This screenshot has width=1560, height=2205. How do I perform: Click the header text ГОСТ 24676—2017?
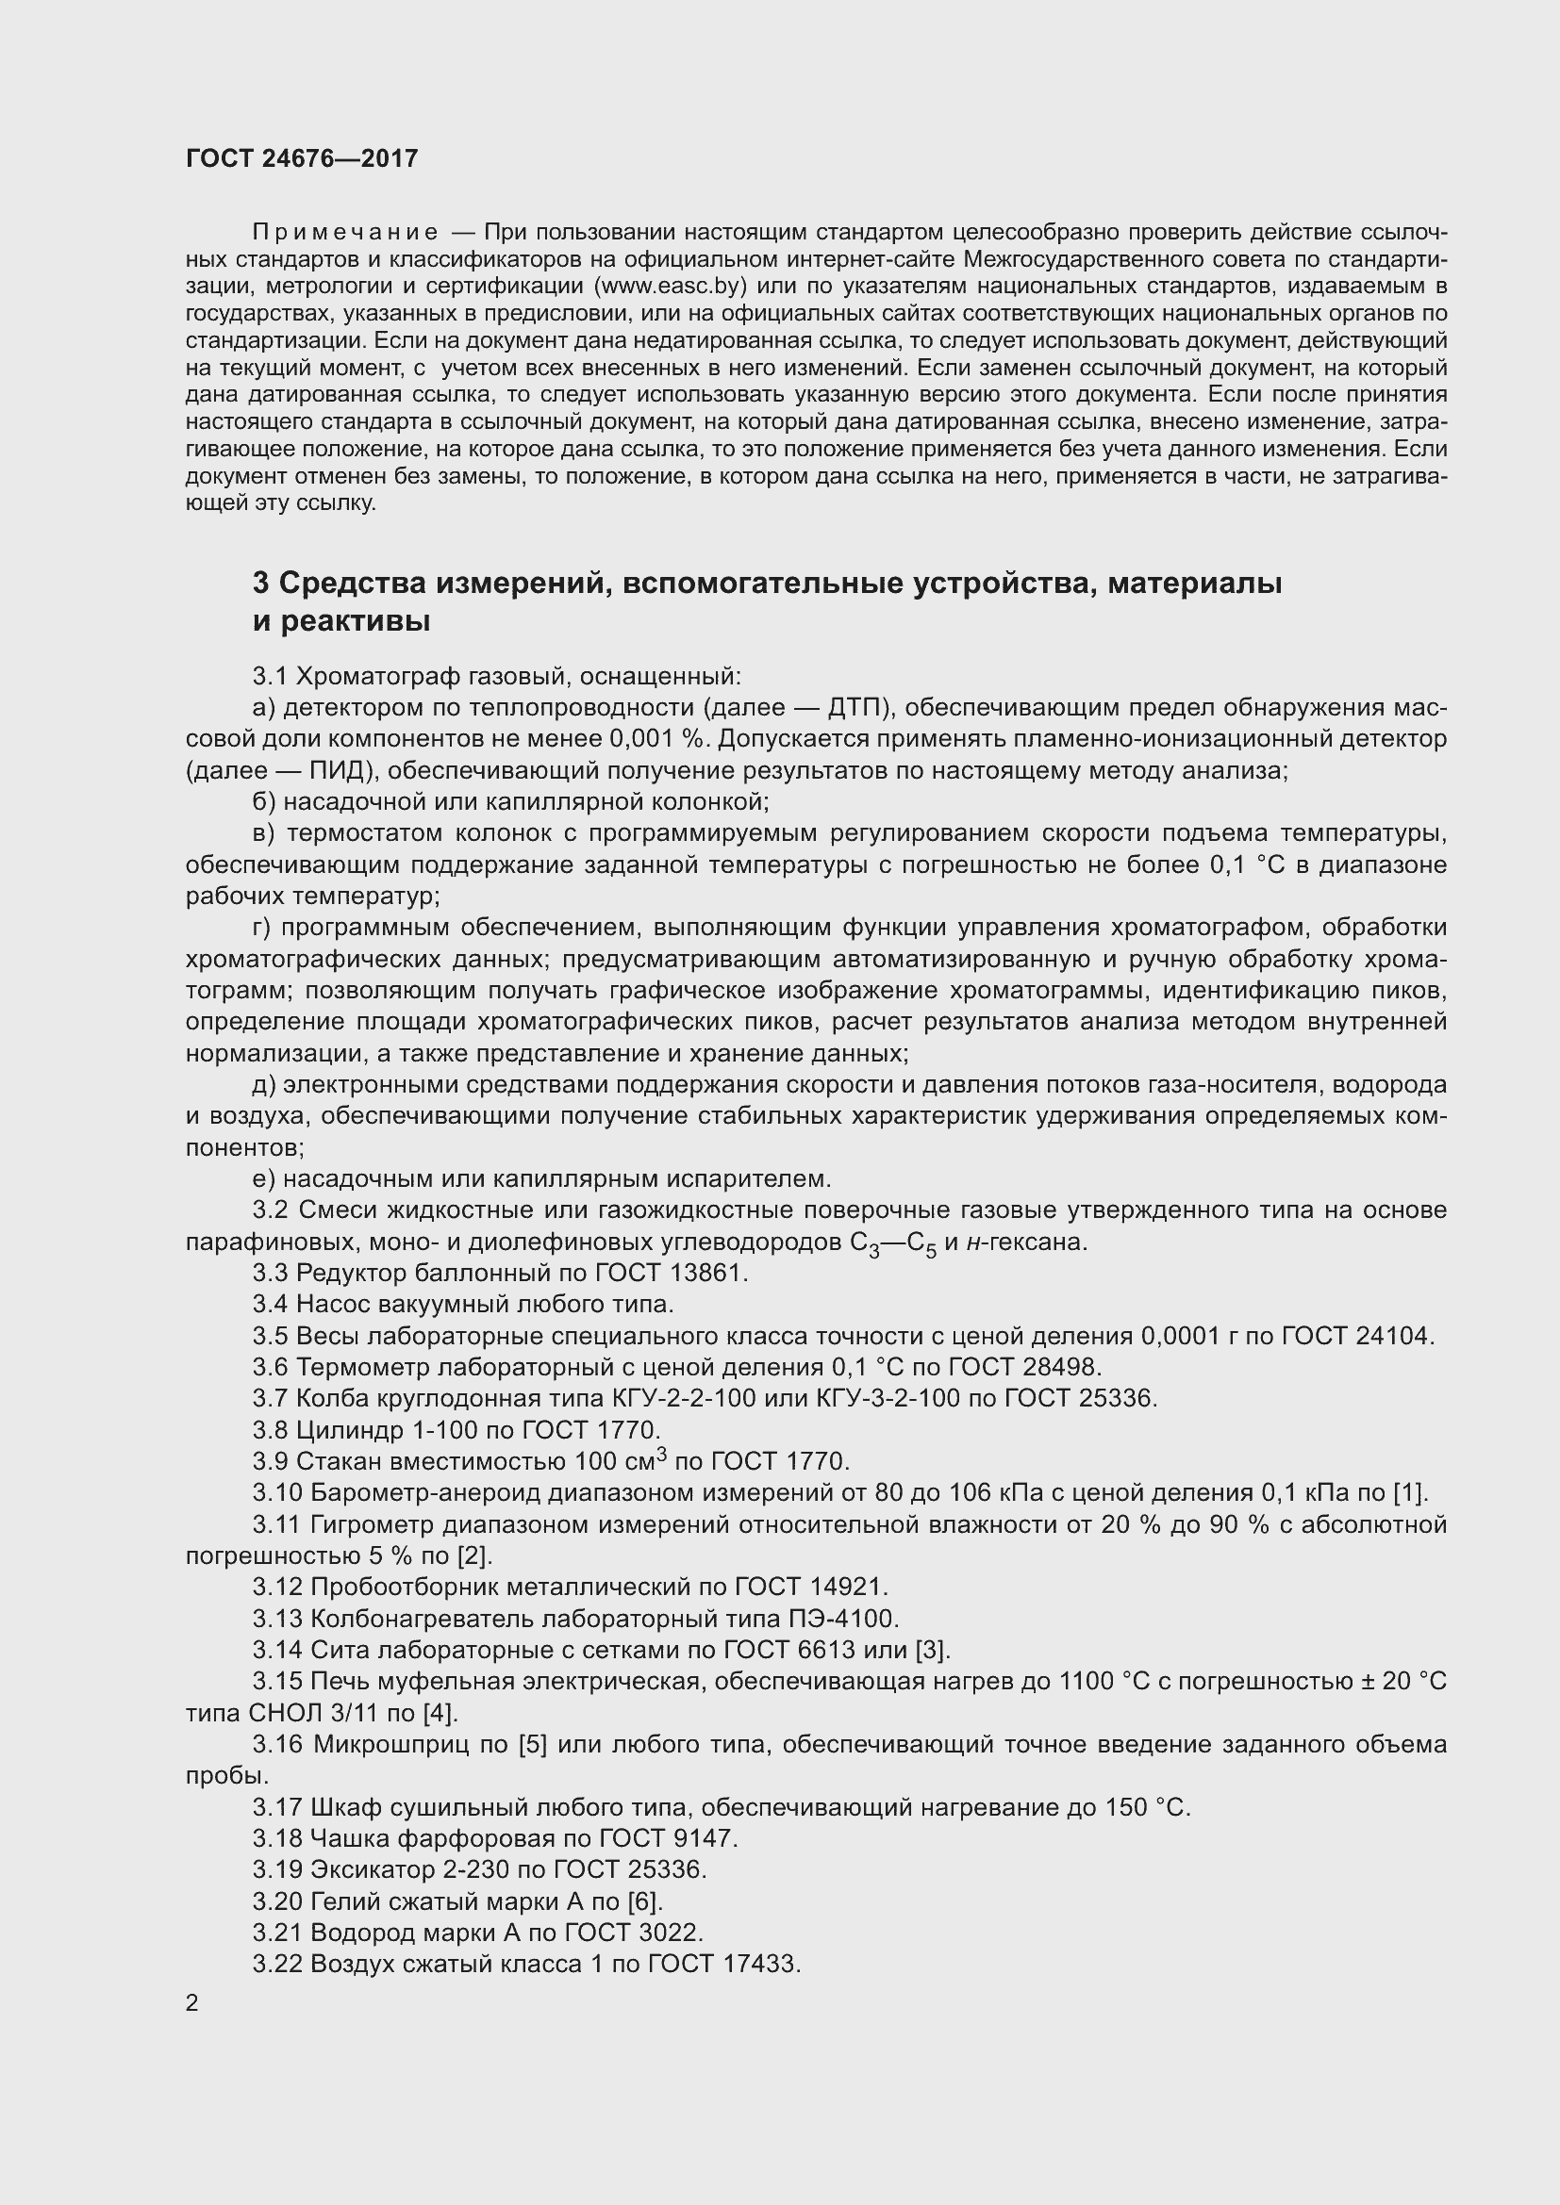[x=302, y=158]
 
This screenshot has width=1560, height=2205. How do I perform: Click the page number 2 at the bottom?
[x=192, y=2003]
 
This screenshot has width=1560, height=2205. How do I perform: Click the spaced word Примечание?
[x=345, y=233]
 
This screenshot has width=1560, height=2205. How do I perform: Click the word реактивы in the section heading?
[x=356, y=621]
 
